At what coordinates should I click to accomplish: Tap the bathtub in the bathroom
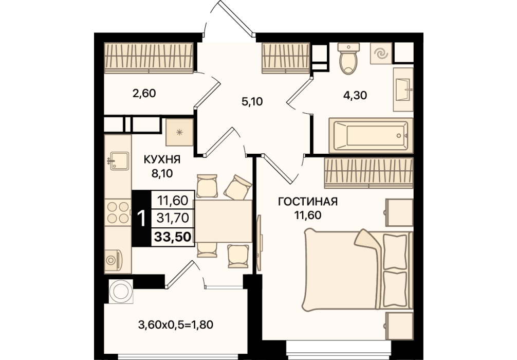pos(371,136)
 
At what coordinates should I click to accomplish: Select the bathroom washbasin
pos(403,89)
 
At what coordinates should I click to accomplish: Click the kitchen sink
pos(119,161)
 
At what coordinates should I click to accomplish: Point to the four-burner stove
pos(118,212)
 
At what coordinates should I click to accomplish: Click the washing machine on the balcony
pos(121,292)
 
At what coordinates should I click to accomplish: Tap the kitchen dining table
pos(223,221)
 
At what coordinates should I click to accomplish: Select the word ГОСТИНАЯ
pos(308,201)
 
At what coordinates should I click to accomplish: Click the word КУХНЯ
pos(162,160)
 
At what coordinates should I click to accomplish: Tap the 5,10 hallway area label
pos(252,102)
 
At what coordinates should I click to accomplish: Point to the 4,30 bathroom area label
pos(355,95)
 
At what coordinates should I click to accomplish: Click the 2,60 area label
pos(144,94)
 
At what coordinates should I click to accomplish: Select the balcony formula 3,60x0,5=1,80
pos(176,325)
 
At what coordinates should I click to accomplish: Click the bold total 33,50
pos(173,237)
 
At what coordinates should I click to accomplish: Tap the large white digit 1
pos(142,219)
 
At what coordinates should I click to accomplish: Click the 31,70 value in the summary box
pos(173,218)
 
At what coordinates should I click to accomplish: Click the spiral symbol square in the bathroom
pos(381,53)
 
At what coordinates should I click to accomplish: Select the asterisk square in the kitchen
pos(179,132)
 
